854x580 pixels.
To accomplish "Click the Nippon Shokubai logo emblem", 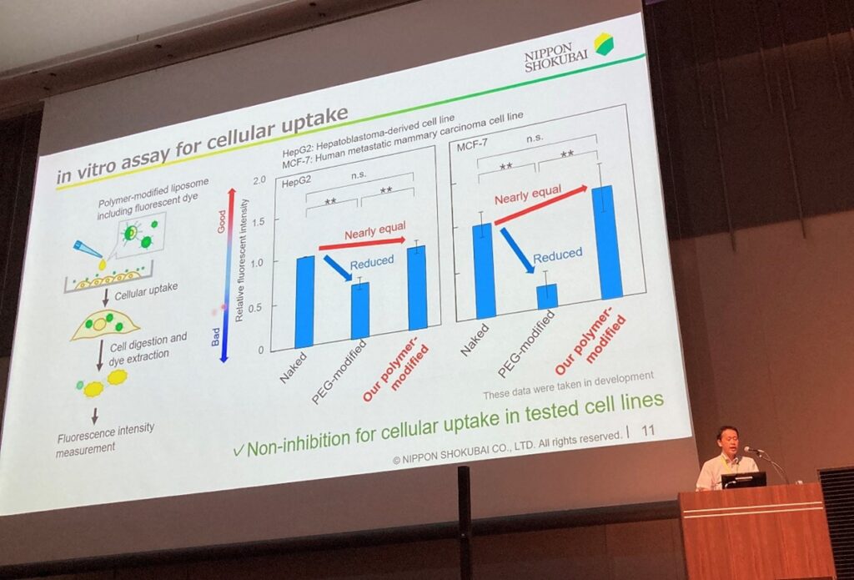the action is pyautogui.click(x=603, y=43).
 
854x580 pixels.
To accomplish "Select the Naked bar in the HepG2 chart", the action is pyautogui.click(x=304, y=301).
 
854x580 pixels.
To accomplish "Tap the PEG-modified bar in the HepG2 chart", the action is pyautogui.click(x=360, y=310).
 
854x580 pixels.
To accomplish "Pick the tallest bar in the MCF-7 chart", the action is pyautogui.click(x=607, y=242).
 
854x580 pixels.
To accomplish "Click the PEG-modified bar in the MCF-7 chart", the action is pyautogui.click(x=547, y=296).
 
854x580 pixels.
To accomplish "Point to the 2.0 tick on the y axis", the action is pyautogui.click(x=259, y=180).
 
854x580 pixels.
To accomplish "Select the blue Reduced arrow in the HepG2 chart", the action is pyautogui.click(x=338, y=268).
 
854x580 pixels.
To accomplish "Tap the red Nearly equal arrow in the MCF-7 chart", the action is pyautogui.click(x=540, y=205).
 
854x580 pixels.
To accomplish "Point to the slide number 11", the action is pyautogui.click(x=647, y=431).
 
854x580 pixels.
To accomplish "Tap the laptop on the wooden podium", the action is pyautogui.click(x=743, y=480).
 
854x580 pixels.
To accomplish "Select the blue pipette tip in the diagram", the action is pyautogui.click(x=88, y=250).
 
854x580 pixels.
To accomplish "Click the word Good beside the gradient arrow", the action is pyautogui.click(x=221, y=222).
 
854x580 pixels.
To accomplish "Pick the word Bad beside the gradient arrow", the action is pyautogui.click(x=216, y=336).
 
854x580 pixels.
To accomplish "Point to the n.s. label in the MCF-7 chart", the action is pyautogui.click(x=535, y=138).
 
